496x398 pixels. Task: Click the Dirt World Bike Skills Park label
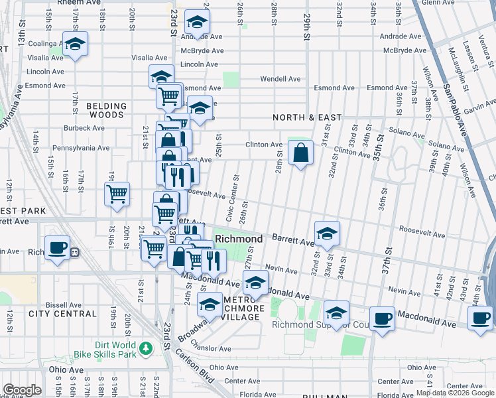(x=107, y=351)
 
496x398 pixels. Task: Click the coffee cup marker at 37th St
(x=382, y=318)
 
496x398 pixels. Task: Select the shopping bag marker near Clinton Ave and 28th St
(x=300, y=153)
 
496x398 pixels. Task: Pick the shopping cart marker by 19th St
(x=117, y=194)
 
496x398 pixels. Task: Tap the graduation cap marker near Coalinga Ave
(x=76, y=44)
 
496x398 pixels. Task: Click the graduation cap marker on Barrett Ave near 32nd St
(x=327, y=233)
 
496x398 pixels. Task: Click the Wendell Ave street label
(x=280, y=78)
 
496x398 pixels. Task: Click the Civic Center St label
(x=233, y=200)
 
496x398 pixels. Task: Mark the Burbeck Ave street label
(x=84, y=128)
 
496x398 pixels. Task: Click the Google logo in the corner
(x=22, y=390)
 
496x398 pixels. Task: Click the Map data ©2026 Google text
(x=454, y=393)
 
